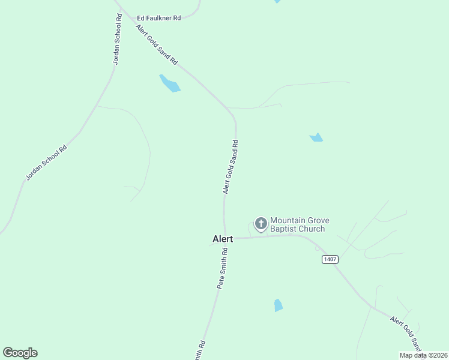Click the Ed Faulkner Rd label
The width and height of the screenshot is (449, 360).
159,18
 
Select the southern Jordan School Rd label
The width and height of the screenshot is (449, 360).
46,162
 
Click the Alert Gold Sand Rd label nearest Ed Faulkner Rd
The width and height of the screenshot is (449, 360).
157,45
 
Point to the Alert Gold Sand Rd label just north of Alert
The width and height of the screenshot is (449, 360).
231,167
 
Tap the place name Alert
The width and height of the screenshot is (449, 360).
223,239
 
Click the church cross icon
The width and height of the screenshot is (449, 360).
261,224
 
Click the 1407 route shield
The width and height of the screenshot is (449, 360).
330,259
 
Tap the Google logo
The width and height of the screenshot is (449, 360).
20,353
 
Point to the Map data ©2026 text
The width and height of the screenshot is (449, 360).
423,355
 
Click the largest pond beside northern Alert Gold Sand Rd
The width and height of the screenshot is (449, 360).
170,83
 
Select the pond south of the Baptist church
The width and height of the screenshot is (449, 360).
278,305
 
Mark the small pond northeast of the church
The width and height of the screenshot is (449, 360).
316,137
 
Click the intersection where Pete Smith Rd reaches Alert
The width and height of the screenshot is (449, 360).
226,238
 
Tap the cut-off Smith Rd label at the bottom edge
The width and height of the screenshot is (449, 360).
200,350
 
